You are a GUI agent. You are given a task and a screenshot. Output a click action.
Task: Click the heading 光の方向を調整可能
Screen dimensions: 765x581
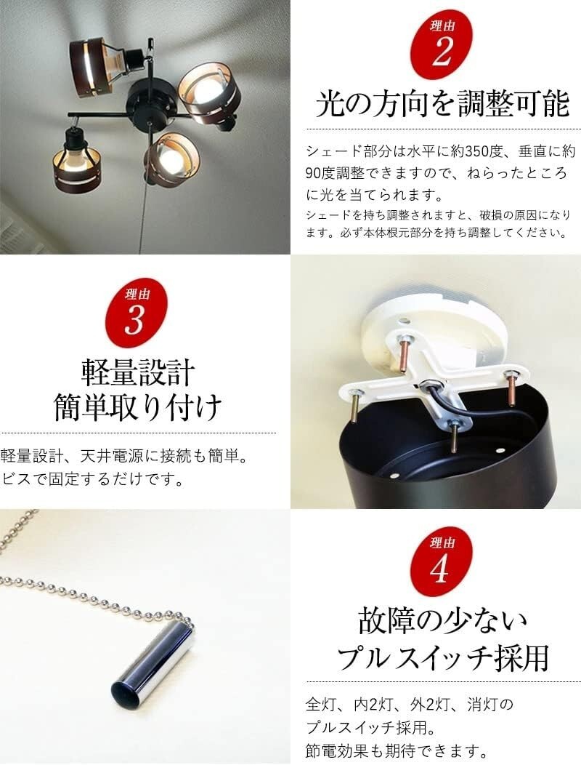pos(442,105)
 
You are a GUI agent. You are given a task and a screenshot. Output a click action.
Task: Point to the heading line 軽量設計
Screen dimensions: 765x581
pos(137,372)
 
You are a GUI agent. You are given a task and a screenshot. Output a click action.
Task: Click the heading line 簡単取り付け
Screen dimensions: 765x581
pos(137,408)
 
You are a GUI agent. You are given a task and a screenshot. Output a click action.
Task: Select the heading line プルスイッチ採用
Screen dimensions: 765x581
pos(442,659)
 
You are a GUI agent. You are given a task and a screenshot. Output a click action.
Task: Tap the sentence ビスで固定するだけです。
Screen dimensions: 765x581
pos(91,480)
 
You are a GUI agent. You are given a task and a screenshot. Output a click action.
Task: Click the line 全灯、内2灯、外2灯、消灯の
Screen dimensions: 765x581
pos(410,704)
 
